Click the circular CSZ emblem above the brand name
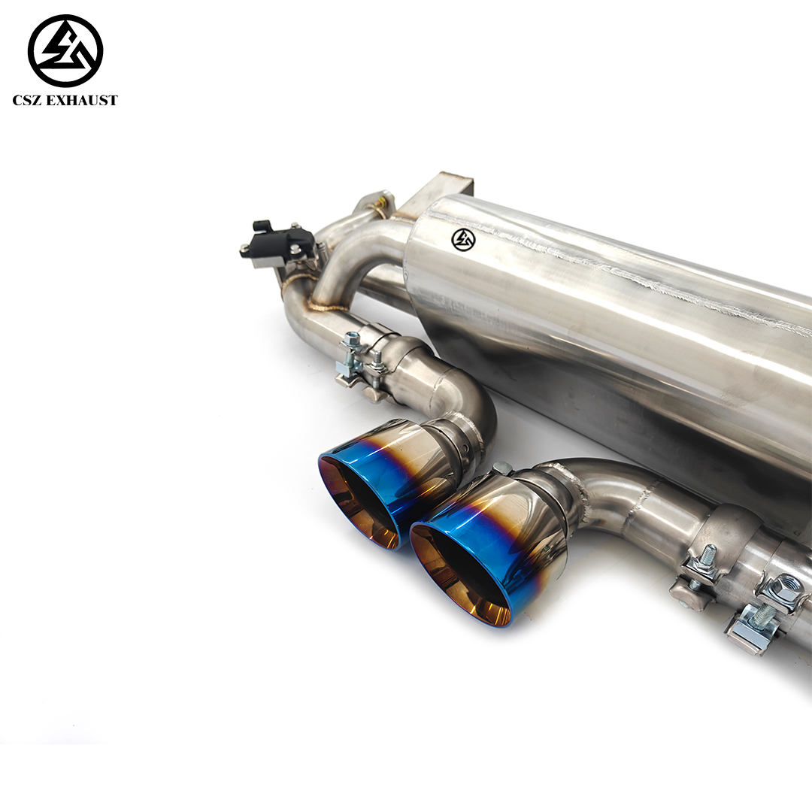pyautogui.click(x=65, y=50)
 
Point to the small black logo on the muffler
pyautogui.click(x=463, y=239)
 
